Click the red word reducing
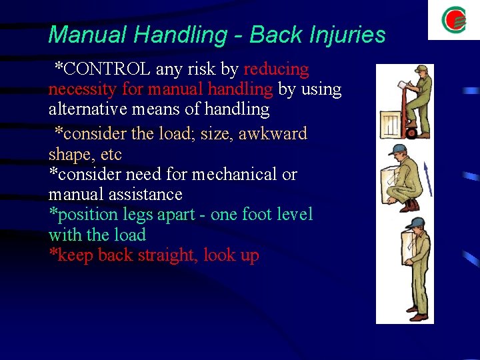277,69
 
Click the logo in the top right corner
454,20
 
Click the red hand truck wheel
411,133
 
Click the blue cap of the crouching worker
398,149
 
